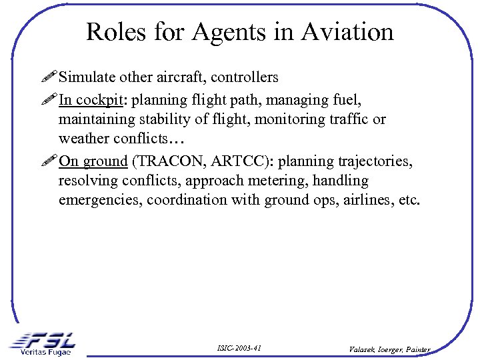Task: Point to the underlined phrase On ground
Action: pyautogui.click(x=93, y=161)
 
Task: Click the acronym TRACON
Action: pyautogui.click(x=167, y=161)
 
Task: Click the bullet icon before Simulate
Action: pyautogui.click(x=48, y=77)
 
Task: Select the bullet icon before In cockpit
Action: pyautogui.click(x=48, y=100)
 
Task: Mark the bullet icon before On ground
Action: pyautogui.click(x=48, y=161)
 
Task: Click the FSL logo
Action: pyautogui.click(x=43, y=339)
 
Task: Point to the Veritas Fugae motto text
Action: pyautogui.click(x=45, y=352)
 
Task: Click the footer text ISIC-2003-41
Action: pyautogui.click(x=239, y=349)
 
